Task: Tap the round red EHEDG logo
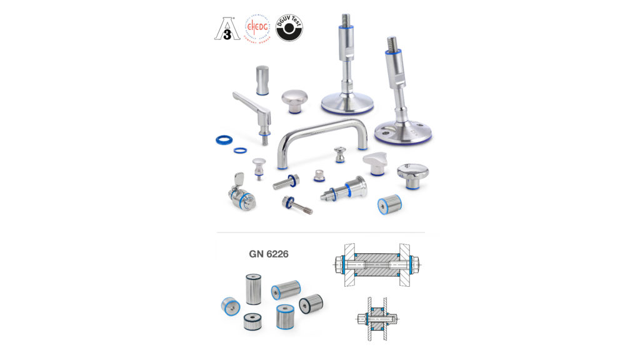pyautogui.click(x=257, y=27)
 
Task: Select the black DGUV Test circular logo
pyautogui.click(x=289, y=28)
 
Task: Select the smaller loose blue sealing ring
pyautogui.click(x=240, y=150)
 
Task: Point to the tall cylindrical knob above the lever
pyautogui.click(x=262, y=79)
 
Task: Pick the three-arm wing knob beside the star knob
pyautogui.click(x=376, y=163)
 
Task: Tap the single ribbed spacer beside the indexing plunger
pyautogui.click(x=389, y=204)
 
